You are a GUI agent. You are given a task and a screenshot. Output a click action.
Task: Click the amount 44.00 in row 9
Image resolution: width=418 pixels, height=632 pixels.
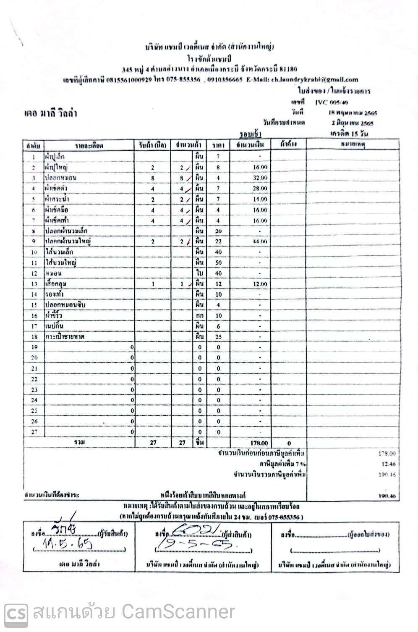tap(260, 241)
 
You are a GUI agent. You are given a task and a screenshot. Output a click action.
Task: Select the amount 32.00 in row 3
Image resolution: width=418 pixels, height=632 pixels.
tap(260, 178)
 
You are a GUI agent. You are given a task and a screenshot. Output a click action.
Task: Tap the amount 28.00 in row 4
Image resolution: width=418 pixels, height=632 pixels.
tap(260, 189)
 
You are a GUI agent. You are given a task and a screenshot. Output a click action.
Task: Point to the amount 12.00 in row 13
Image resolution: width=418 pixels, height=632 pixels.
tap(260, 284)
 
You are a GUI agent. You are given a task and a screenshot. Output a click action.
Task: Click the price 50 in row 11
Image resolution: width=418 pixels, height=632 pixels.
tap(218, 262)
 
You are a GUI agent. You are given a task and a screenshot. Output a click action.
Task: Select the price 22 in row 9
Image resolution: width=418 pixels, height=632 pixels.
tap(218, 241)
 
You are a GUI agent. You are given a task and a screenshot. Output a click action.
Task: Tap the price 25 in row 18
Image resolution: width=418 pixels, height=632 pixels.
tap(218, 337)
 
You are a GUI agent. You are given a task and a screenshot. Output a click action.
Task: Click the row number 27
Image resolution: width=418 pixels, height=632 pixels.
tap(34, 432)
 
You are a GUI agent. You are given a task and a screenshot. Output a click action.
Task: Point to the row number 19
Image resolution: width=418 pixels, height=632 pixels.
tap(34, 347)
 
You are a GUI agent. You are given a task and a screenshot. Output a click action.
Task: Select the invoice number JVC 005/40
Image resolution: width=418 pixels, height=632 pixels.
tap(331, 102)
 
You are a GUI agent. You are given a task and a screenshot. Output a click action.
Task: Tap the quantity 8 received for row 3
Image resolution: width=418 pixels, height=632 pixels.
tap(153, 178)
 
